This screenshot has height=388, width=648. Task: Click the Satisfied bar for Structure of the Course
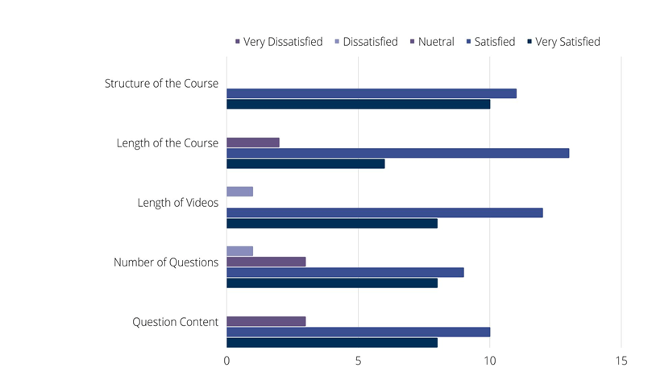coord(372,93)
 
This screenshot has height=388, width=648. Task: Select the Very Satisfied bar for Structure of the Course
coord(359,104)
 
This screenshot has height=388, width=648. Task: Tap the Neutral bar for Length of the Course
coord(253,142)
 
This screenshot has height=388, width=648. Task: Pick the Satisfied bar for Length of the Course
coord(398,153)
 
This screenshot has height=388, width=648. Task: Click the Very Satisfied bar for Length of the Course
coord(305,163)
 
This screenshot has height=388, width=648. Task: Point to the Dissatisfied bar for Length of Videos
coord(240,192)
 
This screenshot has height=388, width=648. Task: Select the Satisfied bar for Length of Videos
coord(384,213)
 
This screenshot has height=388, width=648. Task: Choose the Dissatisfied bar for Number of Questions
coord(240,251)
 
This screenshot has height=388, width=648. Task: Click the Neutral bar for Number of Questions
coord(266,262)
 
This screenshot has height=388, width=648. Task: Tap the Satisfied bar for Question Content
coord(359,332)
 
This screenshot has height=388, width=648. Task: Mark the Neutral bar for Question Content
coord(266,321)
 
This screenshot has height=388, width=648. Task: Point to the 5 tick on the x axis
coord(358,361)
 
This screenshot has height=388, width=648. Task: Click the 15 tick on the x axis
coord(621,361)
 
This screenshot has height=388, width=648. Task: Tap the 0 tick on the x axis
coord(226,361)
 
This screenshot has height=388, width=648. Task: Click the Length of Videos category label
coord(177,203)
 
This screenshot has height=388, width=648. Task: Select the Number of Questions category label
coord(166,262)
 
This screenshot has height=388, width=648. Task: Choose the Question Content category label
coord(175,322)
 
